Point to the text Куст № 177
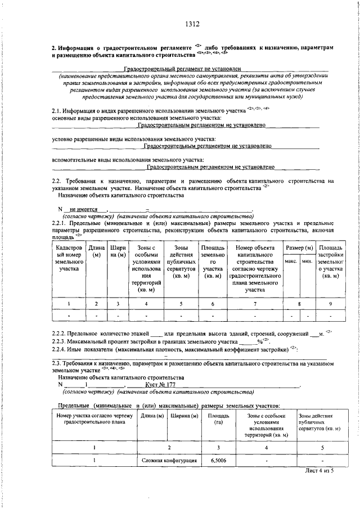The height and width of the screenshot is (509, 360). click(156, 384)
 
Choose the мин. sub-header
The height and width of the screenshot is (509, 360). click(307, 261)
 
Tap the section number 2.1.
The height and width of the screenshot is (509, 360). click(56, 111)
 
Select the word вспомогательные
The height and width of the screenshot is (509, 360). click(73, 160)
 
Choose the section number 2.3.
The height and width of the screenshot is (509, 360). click(56, 364)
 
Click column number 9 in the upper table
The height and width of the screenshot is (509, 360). click(330, 304)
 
